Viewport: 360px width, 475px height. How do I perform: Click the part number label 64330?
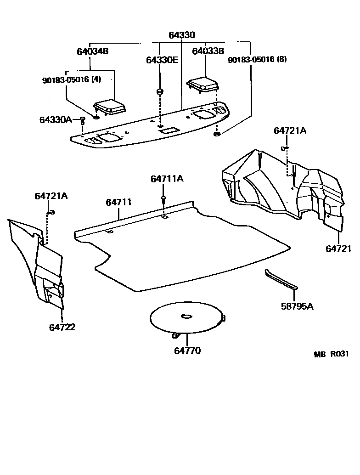[x=181, y=35]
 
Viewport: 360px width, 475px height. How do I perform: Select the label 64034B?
[x=92, y=51]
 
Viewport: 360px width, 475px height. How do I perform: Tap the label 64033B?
[x=208, y=51]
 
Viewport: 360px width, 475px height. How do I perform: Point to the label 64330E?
[x=162, y=60]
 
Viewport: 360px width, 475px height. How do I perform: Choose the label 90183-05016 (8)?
[x=257, y=60]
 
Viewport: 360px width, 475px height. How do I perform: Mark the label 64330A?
[x=55, y=120]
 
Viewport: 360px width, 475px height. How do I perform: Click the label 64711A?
[x=167, y=178]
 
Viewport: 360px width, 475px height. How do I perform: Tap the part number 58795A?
[x=297, y=306]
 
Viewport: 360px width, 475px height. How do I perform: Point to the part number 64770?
[x=187, y=351]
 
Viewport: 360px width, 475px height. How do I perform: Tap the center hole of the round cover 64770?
[x=187, y=316]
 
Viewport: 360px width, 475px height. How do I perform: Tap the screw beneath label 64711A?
[x=163, y=199]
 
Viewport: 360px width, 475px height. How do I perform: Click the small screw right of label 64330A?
[x=82, y=120]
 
